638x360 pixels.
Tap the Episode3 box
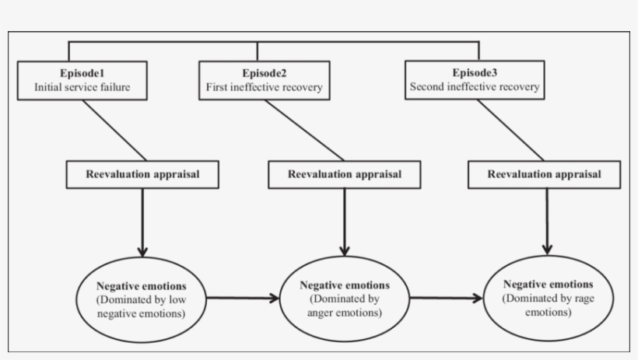click(475, 80)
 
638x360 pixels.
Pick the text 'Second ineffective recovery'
click(475, 87)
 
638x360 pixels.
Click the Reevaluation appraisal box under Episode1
click(142, 174)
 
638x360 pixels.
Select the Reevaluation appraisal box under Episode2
click(345, 175)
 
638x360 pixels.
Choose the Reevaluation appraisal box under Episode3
click(545, 175)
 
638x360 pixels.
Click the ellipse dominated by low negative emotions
click(142, 297)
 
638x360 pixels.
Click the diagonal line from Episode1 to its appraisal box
click(114, 131)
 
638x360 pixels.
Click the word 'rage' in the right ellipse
click(579, 299)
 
